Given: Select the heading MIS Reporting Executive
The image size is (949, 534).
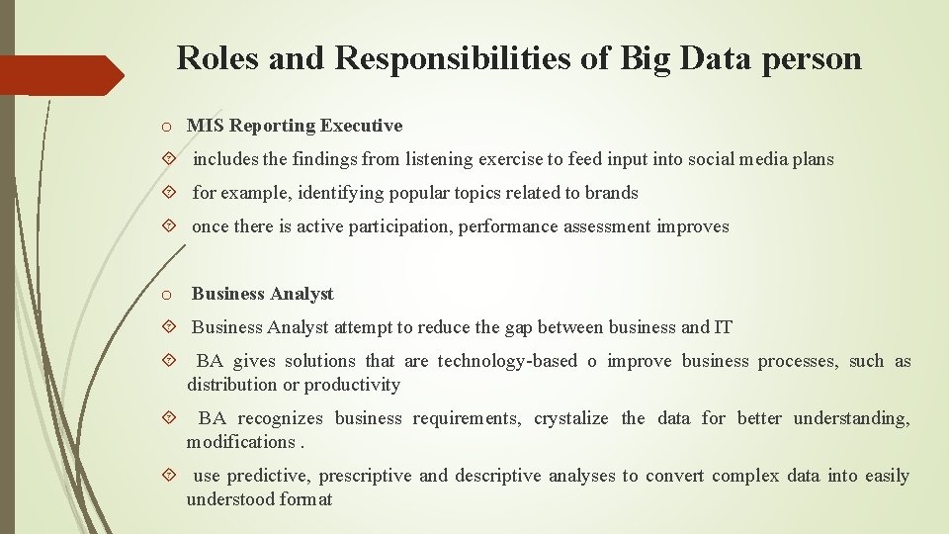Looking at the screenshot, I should coord(295,126).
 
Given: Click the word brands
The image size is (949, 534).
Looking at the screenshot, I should coord(613,193).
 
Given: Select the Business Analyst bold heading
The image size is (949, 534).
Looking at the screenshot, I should coord(263,294).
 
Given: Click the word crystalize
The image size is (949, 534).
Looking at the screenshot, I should coord(571,418).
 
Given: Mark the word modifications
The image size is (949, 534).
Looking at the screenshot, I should coord(240,442).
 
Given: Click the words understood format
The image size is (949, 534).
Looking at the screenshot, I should coord(259,499).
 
